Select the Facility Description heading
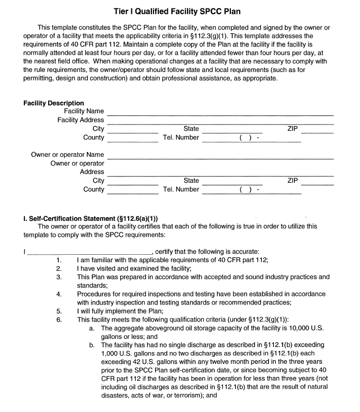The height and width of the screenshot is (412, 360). [53, 103]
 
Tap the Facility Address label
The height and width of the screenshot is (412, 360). [80, 120]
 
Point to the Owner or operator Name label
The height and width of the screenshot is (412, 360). [67, 155]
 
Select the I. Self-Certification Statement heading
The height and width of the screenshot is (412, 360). [91, 219]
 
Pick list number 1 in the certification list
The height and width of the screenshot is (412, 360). [59, 260]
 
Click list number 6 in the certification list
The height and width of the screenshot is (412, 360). [59, 320]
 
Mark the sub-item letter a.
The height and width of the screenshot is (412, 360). [92, 328]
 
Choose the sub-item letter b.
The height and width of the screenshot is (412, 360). [92, 345]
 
